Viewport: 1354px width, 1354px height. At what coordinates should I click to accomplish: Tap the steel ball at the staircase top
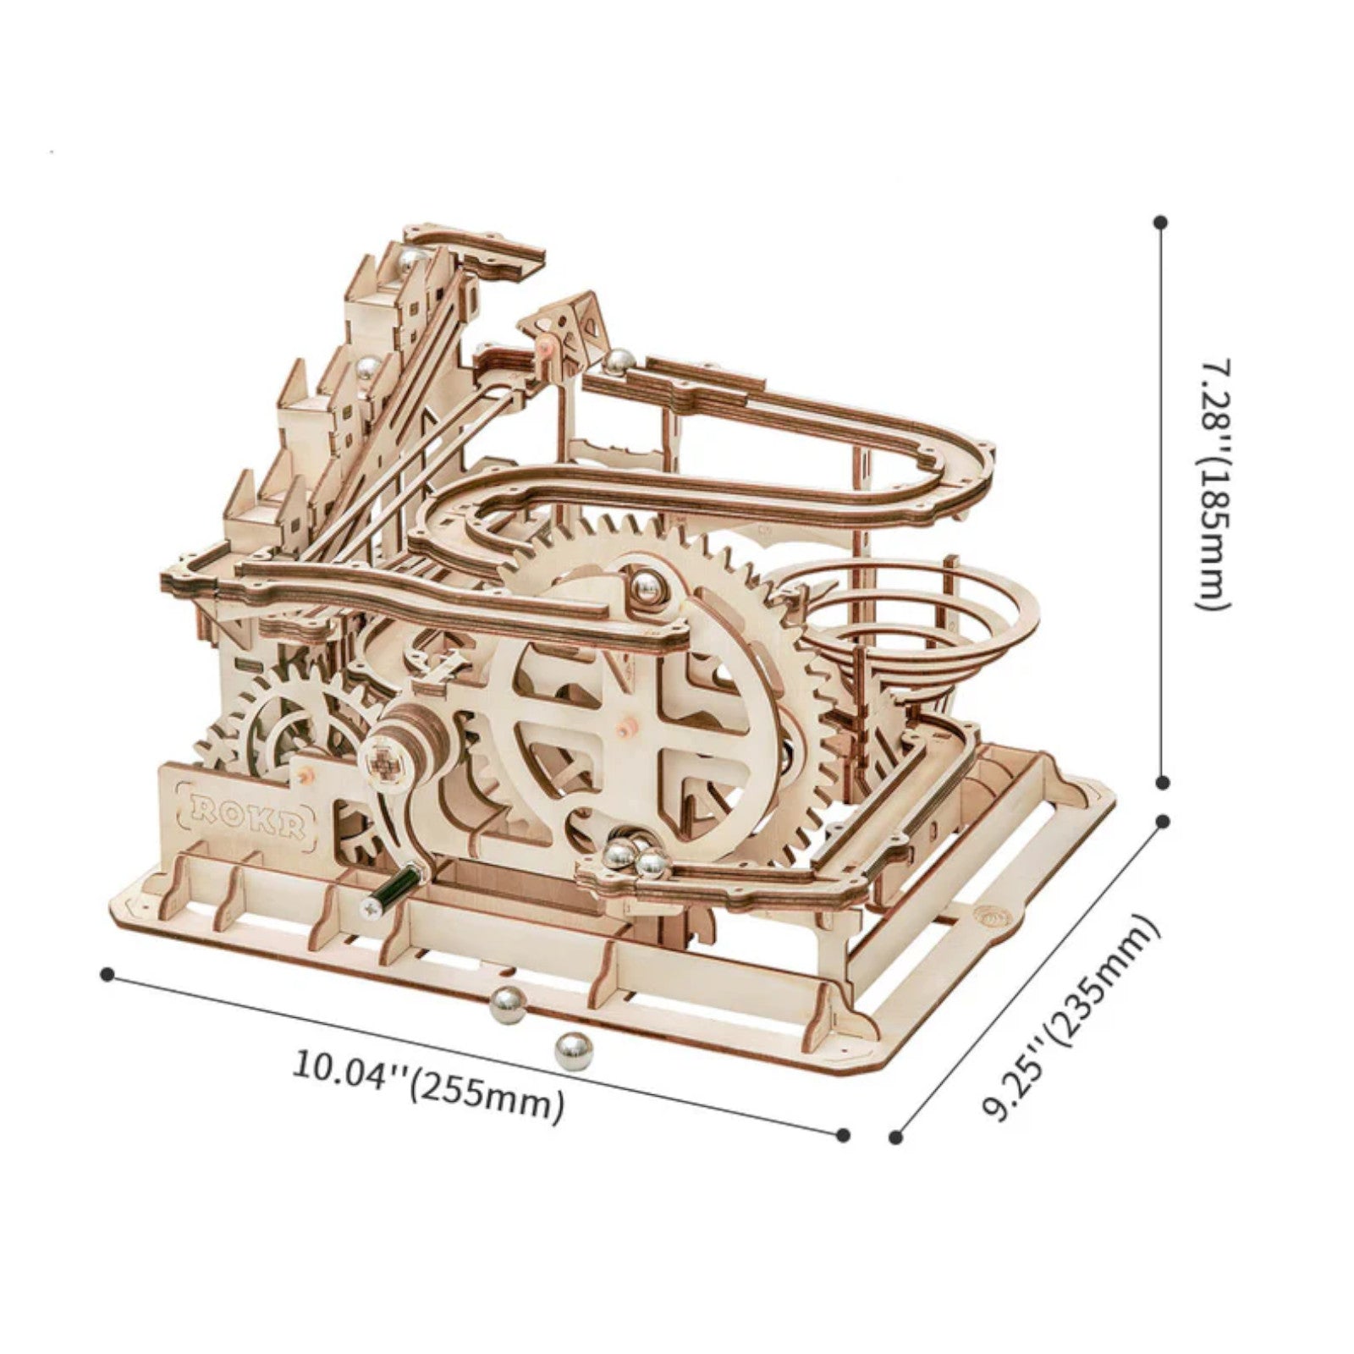pos(412,261)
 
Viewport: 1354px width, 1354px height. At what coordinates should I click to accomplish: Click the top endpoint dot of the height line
pos(1161,223)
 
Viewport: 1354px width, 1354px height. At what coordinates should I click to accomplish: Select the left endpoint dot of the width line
pos(107,974)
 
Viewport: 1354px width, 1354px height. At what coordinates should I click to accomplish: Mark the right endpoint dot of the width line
pos(842,1135)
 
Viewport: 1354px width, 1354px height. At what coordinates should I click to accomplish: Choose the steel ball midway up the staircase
pos(367,366)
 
